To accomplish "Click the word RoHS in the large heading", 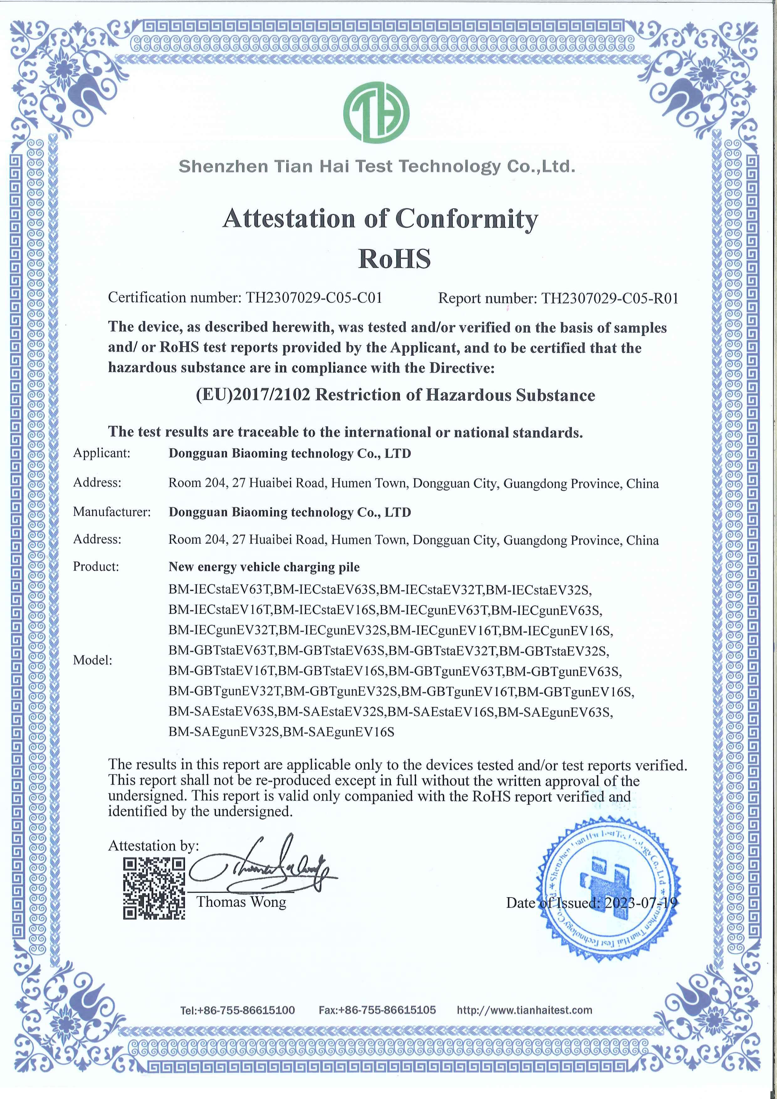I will coord(394,259).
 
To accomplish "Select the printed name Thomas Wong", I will coord(241,902).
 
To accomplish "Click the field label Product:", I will coord(96,567).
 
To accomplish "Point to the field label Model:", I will coord(92,660).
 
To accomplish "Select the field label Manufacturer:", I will coord(112,512).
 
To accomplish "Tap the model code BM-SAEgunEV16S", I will coord(339,732).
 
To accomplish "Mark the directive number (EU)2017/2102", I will coord(254,395).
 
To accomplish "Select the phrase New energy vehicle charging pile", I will coord(264,567).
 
